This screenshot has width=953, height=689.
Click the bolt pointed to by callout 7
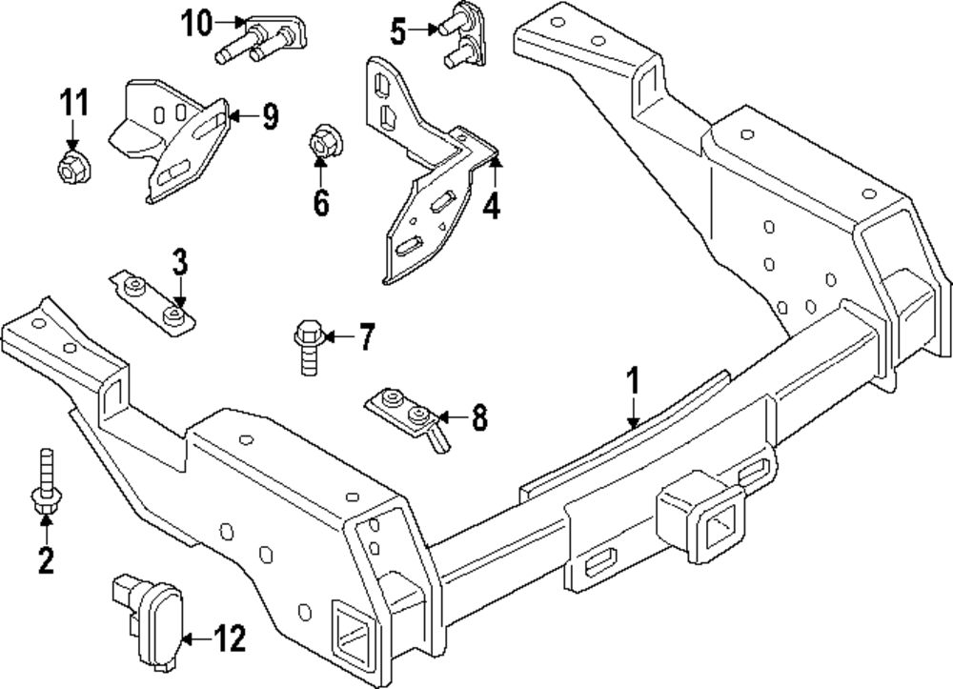tap(307, 348)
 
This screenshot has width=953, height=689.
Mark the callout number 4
tap(491, 205)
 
